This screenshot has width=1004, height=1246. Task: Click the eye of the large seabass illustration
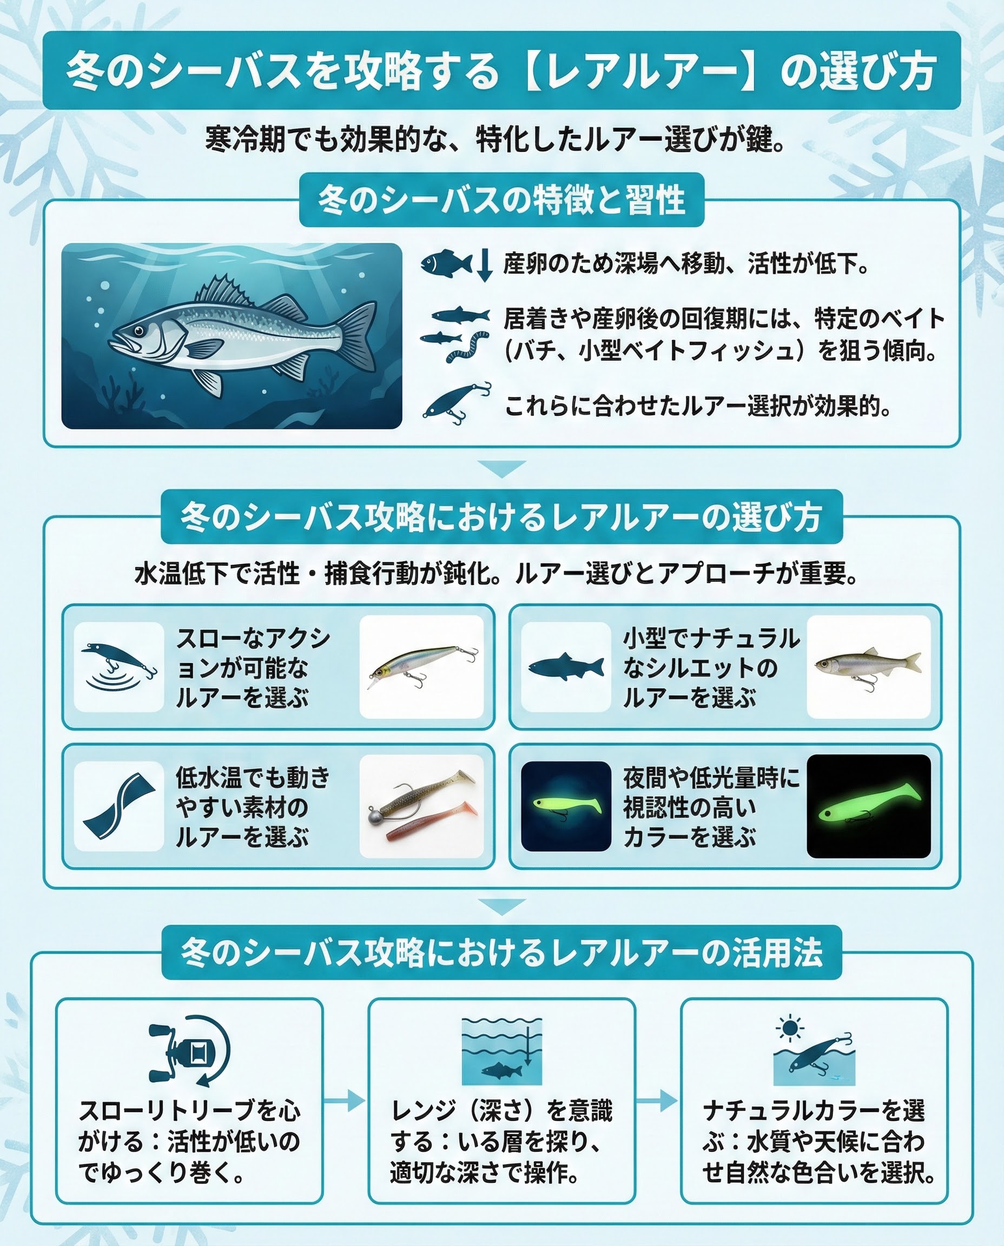tap(139, 332)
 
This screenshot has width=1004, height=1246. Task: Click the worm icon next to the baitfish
tap(467, 346)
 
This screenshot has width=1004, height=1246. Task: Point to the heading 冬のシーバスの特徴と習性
tap(501, 200)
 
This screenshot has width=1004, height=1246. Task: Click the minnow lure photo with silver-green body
tap(422, 666)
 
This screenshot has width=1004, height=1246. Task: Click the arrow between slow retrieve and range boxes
tap(344, 1101)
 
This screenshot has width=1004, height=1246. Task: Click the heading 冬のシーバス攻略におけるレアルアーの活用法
tap(501, 952)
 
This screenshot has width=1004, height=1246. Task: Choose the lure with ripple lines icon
tap(119, 666)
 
